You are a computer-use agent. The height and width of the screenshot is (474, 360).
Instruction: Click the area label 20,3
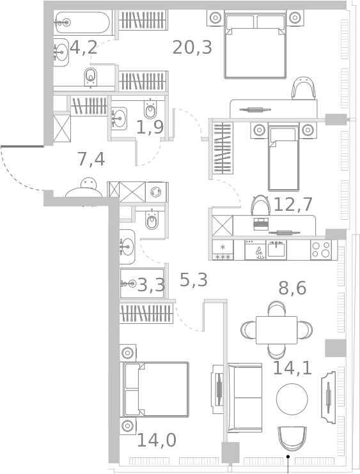coord(192,47)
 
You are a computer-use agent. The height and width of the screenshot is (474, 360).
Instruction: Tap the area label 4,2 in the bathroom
coord(84,47)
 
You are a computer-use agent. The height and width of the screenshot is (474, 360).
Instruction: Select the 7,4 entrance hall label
coord(91,159)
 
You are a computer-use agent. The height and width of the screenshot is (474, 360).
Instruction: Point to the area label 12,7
coord(292,204)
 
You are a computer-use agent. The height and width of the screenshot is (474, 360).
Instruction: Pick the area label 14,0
coord(156,440)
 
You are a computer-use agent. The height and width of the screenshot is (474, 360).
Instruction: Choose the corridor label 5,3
coord(193,280)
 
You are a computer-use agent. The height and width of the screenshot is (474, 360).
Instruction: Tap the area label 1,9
coord(150,127)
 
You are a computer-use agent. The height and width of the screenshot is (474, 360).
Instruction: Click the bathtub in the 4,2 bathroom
coord(82,23)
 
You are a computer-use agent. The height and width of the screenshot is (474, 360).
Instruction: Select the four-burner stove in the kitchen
coord(321,249)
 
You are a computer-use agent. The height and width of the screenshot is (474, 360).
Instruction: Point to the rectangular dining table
coord(276,330)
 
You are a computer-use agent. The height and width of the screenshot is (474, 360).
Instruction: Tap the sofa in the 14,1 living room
coord(245,397)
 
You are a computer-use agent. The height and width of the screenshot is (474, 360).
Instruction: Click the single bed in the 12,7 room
coord(283,157)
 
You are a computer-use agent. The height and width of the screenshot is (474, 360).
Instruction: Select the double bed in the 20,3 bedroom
coord(255,45)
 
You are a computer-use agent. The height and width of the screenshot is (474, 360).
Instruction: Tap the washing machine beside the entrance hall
coord(156,192)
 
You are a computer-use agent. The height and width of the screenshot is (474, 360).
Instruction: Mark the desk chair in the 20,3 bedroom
coord(303,88)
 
